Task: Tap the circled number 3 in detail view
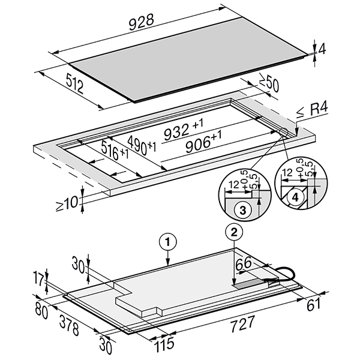click(x=241, y=209)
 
